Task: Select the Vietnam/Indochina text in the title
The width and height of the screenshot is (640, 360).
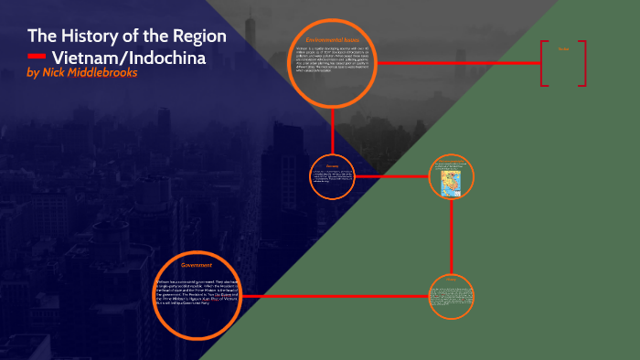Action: (127, 58)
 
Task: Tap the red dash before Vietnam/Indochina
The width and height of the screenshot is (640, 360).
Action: (37, 58)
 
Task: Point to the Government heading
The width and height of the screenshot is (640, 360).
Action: (197, 265)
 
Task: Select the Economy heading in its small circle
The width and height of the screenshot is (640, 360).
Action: (332, 165)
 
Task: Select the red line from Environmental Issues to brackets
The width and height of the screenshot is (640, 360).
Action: (457, 63)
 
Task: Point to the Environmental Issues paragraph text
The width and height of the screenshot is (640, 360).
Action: (333, 64)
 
